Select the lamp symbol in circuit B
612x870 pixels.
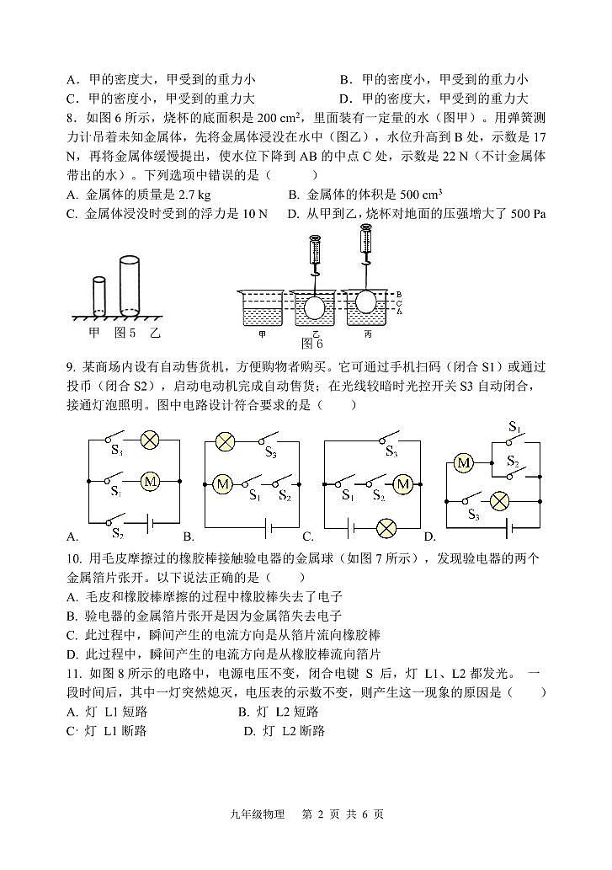tap(225, 440)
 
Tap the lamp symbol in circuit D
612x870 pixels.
tap(499, 499)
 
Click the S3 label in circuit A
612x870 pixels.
tap(117, 451)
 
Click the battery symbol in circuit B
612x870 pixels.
tap(269, 528)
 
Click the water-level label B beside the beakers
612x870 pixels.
tap(399, 293)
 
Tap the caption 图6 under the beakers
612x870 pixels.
tap(312, 344)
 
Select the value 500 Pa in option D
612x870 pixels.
tap(528, 214)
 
